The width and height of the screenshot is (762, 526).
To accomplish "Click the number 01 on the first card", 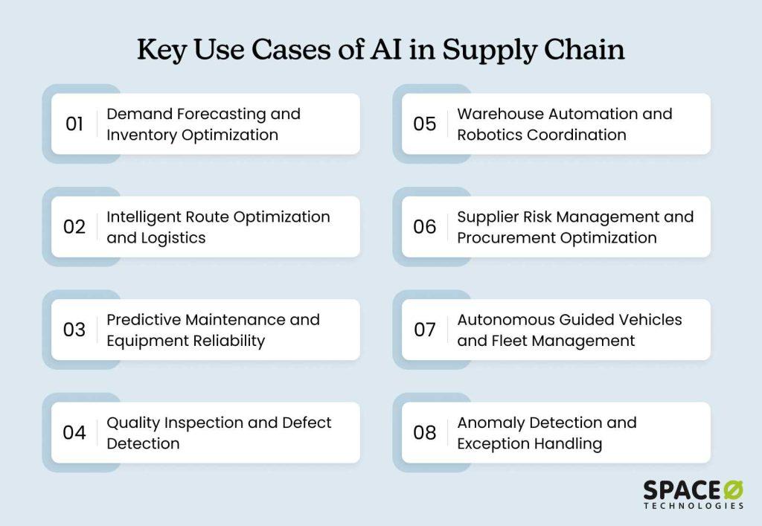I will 74,124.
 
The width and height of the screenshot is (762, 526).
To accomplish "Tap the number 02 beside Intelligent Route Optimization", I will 74,227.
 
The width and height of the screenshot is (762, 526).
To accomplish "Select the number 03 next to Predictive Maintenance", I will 74,330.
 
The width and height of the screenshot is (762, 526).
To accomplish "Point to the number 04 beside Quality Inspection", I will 74,432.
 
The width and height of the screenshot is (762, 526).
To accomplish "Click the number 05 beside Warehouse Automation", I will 425,124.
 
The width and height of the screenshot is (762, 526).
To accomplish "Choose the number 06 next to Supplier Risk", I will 425,227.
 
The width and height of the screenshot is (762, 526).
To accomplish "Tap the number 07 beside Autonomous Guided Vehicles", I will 425,330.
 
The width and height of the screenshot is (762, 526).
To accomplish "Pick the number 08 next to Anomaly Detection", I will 425,432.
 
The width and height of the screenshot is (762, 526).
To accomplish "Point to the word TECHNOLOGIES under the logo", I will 694,506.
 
